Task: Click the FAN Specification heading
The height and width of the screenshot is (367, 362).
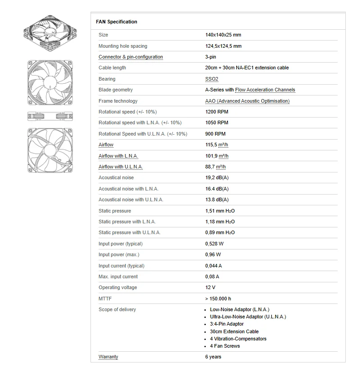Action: tap(117, 22)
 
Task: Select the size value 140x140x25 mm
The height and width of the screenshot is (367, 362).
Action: tap(223, 35)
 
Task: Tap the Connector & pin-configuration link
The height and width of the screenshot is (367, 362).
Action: tap(131, 57)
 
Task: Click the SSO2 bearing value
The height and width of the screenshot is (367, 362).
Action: tap(212, 79)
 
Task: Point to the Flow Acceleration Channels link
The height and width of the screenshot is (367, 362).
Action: tap(265, 90)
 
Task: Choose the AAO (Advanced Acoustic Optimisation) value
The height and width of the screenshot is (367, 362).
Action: tap(247, 101)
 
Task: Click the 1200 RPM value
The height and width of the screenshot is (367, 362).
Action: tap(217, 112)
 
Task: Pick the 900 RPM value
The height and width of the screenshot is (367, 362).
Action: tap(215, 134)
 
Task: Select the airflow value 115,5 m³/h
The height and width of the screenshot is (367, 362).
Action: tap(217, 145)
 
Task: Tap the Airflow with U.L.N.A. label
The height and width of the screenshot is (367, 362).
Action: tap(120, 167)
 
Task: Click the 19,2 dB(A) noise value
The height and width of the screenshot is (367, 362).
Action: tap(217, 178)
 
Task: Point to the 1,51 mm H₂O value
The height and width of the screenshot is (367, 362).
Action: tap(220, 211)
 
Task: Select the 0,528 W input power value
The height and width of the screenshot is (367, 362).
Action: tap(214, 244)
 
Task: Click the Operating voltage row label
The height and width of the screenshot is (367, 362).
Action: tap(118, 287)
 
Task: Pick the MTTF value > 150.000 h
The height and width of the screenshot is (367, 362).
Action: tap(218, 299)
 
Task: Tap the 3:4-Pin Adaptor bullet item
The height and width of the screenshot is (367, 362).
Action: tap(226, 324)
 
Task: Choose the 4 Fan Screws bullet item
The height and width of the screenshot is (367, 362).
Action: tap(225, 346)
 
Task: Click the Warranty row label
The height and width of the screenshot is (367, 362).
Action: tap(108, 357)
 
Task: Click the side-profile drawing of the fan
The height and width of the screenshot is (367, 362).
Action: tap(50, 116)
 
